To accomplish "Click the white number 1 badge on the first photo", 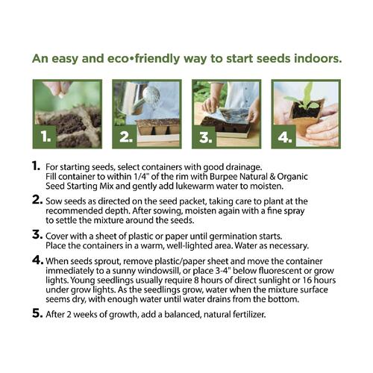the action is (x=46, y=137).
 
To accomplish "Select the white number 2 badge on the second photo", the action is (x=126, y=137).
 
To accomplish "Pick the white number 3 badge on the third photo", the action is (x=205, y=137).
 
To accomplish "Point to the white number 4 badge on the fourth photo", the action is (x=285, y=137).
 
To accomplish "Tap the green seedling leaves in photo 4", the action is (x=303, y=98).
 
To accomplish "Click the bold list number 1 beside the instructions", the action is (x=36, y=166).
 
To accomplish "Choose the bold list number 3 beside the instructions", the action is (x=37, y=234).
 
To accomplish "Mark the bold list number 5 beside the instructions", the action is (x=37, y=313).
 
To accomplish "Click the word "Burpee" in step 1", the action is (x=223, y=177).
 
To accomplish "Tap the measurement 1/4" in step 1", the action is (x=142, y=176).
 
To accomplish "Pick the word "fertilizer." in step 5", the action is (x=249, y=315).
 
